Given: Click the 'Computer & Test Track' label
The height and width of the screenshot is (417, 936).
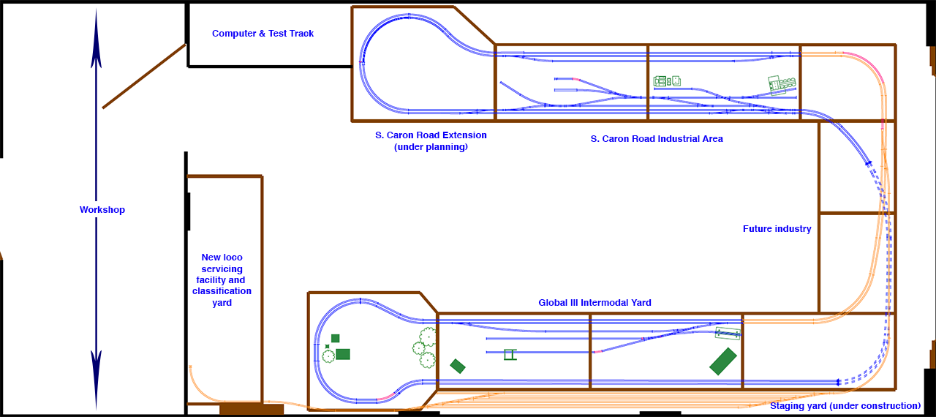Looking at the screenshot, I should click(x=263, y=34).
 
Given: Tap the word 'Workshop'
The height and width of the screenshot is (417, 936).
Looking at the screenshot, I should click(x=102, y=210).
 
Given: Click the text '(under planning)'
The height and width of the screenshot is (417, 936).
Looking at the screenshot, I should click(x=431, y=147).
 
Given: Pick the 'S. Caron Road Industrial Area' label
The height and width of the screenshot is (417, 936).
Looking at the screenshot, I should click(x=657, y=139).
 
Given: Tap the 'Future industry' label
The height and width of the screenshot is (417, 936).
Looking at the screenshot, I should click(x=777, y=229).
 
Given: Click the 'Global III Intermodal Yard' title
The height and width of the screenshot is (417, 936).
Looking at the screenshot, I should click(x=595, y=303).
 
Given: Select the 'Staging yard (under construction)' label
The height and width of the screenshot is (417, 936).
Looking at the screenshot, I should click(x=845, y=406).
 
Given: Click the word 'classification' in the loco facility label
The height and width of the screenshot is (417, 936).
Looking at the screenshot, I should click(x=222, y=291).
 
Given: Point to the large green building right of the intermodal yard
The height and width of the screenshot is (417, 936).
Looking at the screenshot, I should click(x=722, y=361).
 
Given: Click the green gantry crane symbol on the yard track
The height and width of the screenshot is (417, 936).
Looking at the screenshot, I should click(x=510, y=355).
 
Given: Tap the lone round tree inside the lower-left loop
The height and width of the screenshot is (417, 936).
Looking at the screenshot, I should click(x=328, y=356).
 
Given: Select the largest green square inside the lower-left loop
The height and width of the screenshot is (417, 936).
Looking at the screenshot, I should click(x=343, y=354).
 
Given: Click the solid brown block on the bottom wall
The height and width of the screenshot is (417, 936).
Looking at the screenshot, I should click(x=251, y=409).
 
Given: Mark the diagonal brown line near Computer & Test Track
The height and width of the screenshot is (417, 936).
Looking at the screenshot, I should click(x=144, y=76).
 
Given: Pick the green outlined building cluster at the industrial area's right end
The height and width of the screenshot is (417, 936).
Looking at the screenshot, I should click(x=782, y=85).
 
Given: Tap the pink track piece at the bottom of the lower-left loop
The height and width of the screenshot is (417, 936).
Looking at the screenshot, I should click(x=388, y=397).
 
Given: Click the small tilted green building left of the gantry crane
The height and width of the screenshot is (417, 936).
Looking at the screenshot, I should click(x=458, y=366).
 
